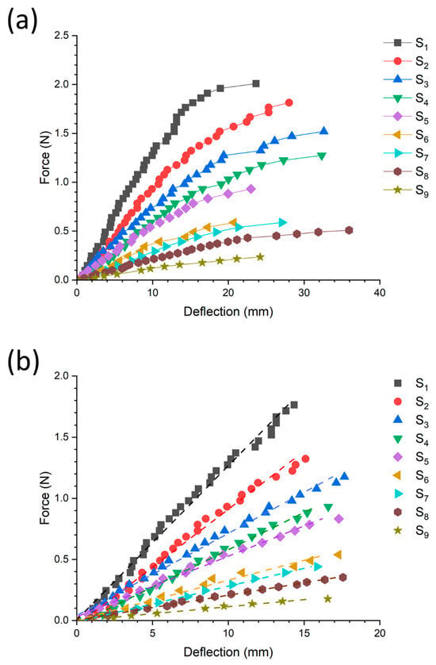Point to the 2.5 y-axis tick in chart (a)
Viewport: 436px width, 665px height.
[x=63, y=36]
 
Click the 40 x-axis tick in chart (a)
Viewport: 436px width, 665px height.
[x=380, y=293]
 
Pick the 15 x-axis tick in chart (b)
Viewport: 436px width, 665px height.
[x=304, y=632]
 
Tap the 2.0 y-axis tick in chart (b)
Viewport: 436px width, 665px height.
[x=63, y=376]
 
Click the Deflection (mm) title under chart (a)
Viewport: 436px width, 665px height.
[x=228, y=312]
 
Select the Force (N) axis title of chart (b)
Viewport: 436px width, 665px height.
[x=45, y=498]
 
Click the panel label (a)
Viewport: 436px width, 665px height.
[x=22, y=21]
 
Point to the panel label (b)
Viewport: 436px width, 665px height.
[x=23, y=362]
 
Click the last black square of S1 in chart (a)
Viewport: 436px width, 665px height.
[x=255, y=84]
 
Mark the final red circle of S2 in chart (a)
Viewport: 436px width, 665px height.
[x=289, y=102]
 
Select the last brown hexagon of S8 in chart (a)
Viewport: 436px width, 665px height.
[x=349, y=230]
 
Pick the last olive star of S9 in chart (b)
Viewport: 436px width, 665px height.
[x=327, y=599]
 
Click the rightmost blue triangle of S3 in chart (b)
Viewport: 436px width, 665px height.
[x=345, y=476]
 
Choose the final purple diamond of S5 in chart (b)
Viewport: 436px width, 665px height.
[x=338, y=519]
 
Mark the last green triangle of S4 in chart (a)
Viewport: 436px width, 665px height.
[x=322, y=156]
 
